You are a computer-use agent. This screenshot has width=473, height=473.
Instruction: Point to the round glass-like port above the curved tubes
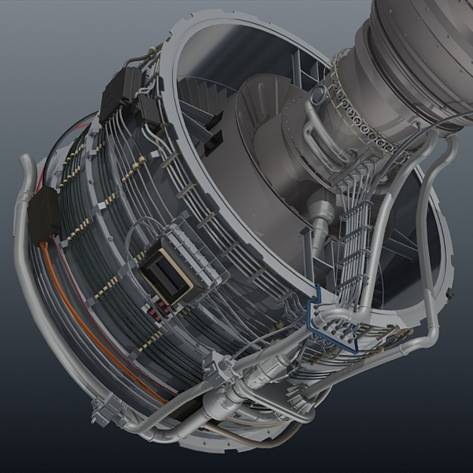(x=318, y=92)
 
